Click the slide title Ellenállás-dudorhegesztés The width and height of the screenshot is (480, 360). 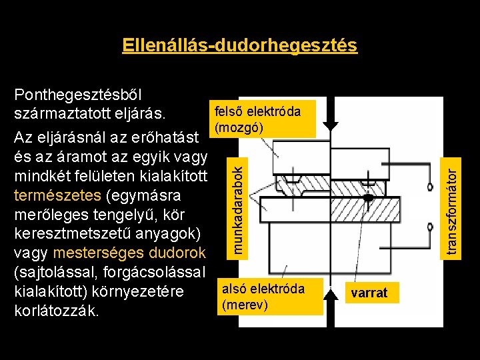coord(240,45)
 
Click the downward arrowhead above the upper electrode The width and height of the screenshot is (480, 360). coord(331,125)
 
